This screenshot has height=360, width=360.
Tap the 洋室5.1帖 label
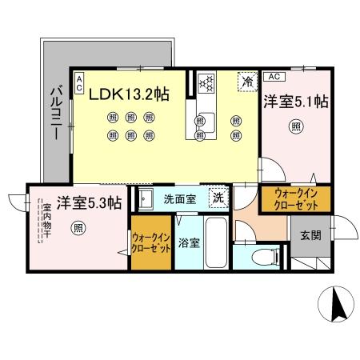point(297,102)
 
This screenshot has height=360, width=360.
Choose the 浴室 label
point(188,242)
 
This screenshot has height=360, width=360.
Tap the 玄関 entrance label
point(311,236)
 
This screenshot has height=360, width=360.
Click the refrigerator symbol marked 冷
point(248,81)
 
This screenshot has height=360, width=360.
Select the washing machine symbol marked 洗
point(217,198)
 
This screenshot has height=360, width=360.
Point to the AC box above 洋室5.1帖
point(272,77)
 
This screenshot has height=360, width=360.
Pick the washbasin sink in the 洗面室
point(147,198)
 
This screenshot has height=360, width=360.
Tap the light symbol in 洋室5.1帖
point(297,126)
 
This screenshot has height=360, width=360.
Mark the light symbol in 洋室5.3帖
point(78,227)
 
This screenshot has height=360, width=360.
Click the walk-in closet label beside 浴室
point(152,242)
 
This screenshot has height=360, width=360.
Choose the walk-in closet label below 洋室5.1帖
point(296,199)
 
